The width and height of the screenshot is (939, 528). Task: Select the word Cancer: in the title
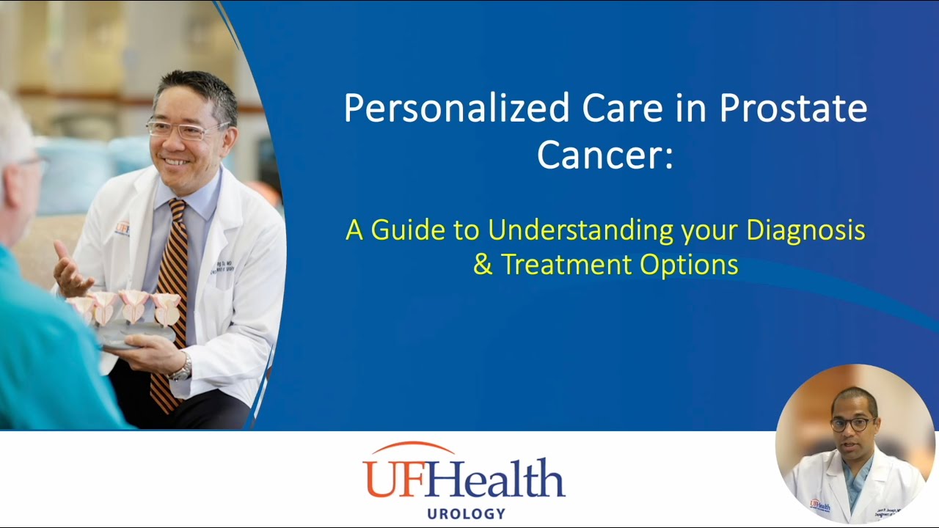pos(604,155)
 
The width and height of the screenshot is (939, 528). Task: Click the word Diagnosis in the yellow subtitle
pos(805,230)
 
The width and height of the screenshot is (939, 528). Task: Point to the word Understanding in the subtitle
pos(580,230)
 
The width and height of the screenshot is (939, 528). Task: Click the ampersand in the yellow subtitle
pos(483,265)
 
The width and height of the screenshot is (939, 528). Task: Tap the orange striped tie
pos(171,293)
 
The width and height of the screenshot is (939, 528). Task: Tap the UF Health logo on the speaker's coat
pos(819,505)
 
